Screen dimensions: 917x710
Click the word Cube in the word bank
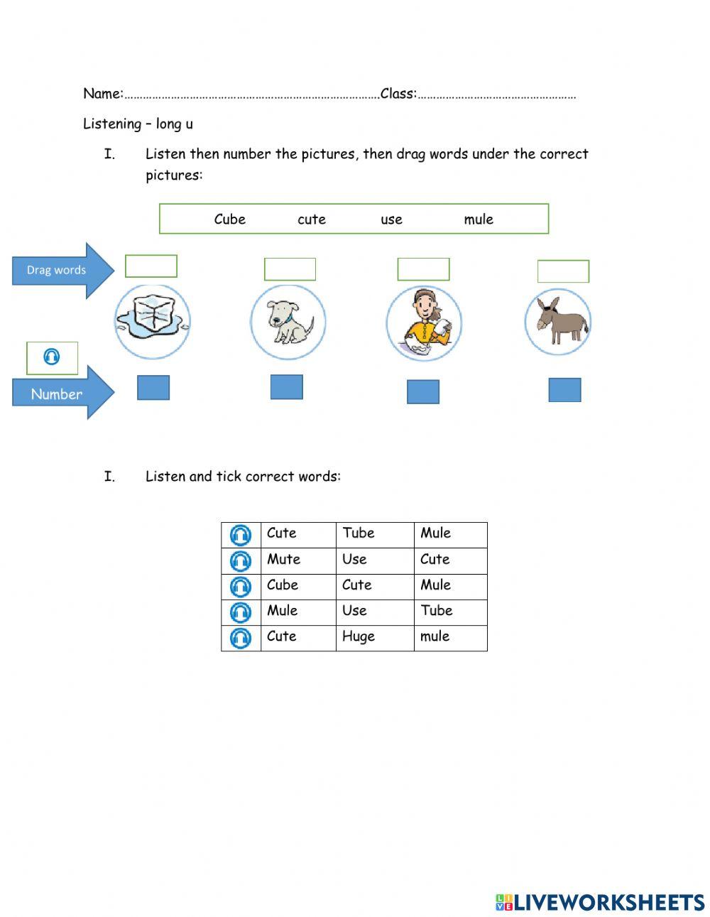click(x=229, y=219)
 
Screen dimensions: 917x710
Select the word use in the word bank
click(x=391, y=219)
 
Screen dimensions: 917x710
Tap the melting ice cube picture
click(x=153, y=321)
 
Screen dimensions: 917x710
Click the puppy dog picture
click(x=288, y=322)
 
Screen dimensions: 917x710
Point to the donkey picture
click(x=558, y=322)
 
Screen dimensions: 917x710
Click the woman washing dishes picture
click(x=424, y=323)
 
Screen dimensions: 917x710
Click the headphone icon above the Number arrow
click(x=52, y=357)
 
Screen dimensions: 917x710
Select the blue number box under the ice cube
click(x=153, y=388)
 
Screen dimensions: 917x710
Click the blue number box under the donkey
click(x=564, y=390)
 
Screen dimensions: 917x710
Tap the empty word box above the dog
click(x=290, y=269)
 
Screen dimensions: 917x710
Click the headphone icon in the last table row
click(x=241, y=638)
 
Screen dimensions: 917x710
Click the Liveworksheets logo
click(x=600, y=902)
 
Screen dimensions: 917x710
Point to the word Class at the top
click(x=398, y=93)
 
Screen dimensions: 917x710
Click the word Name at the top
click(x=102, y=93)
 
